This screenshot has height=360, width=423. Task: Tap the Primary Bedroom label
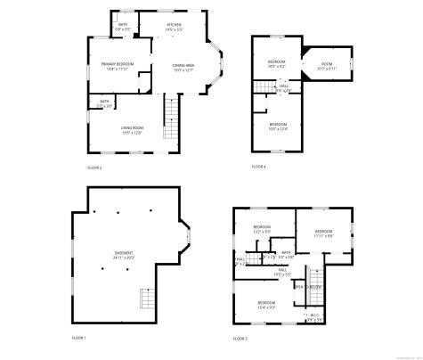(x=118, y=65)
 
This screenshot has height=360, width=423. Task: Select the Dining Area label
(x=183, y=69)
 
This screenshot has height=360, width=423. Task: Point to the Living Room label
(x=133, y=130)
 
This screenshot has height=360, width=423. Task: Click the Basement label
(x=124, y=255)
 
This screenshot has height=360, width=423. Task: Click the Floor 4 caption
(x=258, y=167)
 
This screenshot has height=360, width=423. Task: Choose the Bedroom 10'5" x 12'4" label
(x=278, y=126)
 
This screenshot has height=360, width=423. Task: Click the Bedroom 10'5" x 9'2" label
(x=277, y=63)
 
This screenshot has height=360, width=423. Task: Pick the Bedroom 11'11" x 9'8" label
(x=323, y=234)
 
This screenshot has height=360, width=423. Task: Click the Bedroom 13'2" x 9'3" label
(x=262, y=229)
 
